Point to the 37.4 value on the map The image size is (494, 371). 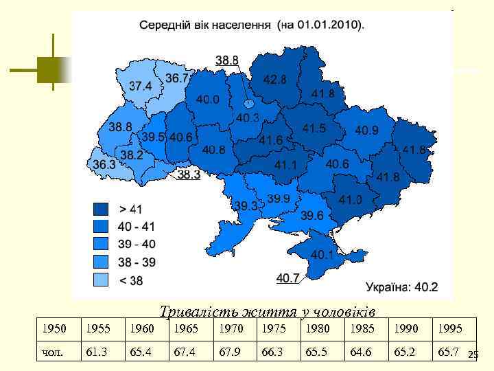[x=141, y=87]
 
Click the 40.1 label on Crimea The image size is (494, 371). [x=322, y=255]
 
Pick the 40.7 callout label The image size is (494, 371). [x=288, y=278]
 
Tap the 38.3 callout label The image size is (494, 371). [x=189, y=175]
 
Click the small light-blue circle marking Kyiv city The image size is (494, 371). [x=249, y=104]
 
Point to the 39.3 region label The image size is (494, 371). [x=245, y=205]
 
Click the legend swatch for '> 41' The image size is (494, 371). [x=102, y=209]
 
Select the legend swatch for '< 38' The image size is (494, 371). [x=102, y=280]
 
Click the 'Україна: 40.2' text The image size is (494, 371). [x=401, y=286]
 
